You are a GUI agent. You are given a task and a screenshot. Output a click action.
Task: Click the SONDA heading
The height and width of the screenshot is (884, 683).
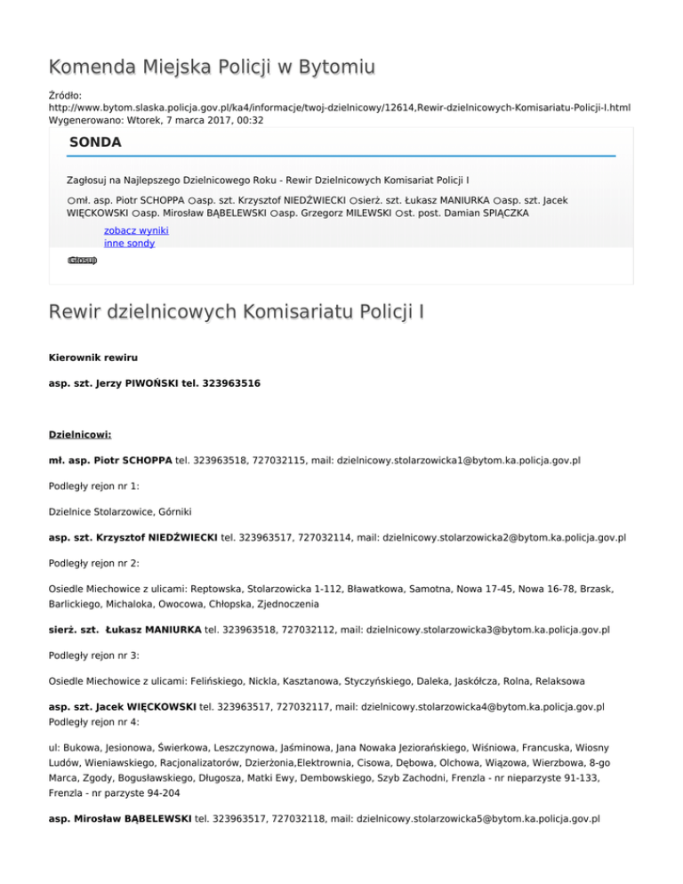pos(95,141)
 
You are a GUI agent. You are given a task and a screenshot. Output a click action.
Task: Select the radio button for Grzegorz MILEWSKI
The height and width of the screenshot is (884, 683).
pos(276,214)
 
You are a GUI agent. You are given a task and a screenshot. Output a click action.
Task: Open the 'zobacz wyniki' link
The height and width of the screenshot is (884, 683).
pos(136,229)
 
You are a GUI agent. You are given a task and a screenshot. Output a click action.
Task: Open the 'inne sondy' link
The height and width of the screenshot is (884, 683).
pos(129,243)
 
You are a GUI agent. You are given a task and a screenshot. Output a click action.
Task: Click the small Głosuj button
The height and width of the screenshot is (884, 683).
pos(82,261)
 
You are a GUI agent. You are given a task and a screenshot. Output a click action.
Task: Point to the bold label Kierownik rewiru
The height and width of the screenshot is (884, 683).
pos(92,357)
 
